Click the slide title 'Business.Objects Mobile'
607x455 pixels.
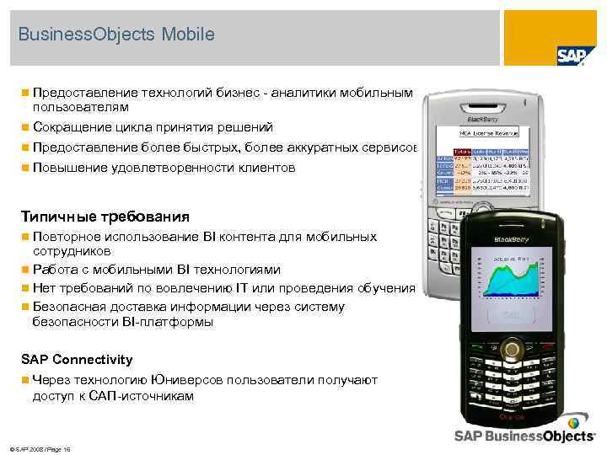[x=116, y=35]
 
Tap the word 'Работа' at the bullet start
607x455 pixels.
[x=53, y=270]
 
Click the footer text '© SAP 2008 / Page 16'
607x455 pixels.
[x=38, y=449]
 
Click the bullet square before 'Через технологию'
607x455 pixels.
[x=26, y=381]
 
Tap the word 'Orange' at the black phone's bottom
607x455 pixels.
[x=512, y=417]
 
